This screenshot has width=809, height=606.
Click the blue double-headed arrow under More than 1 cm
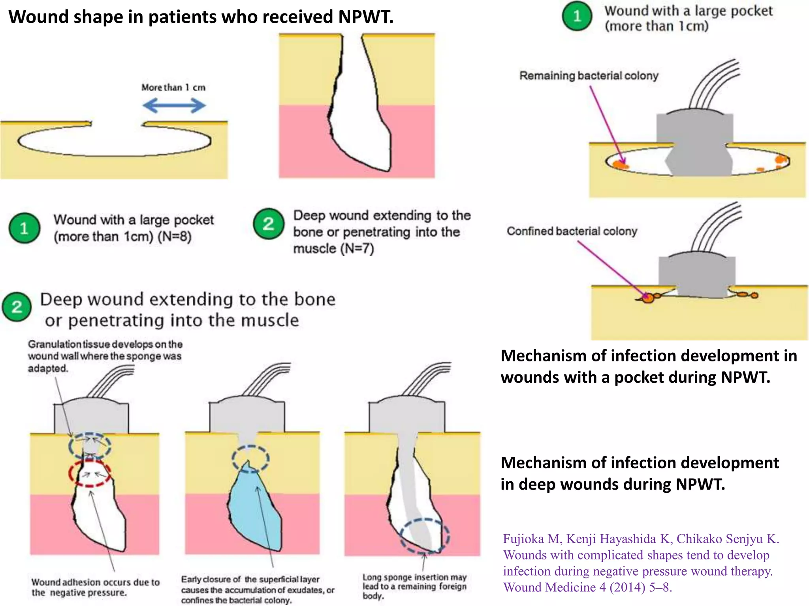(x=174, y=105)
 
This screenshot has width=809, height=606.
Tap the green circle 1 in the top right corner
(x=577, y=16)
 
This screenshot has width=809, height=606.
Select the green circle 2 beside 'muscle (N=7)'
(x=269, y=224)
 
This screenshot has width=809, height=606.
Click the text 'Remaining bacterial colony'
(x=589, y=75)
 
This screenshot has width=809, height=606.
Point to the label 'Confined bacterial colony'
(x=572, y=231)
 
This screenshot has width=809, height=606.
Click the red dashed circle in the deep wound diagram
(x=89, y=473)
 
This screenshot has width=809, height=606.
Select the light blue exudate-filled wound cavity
(x=255, y=513)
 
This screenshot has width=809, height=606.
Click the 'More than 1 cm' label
(x=173, y=88)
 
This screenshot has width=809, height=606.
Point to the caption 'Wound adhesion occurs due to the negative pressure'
(x=95, y=587)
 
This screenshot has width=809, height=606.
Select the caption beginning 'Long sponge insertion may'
(x=414, y=586)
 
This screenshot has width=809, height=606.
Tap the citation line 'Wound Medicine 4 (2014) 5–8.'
(x=587, y=587)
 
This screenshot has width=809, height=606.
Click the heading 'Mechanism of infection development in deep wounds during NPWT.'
(x=640, y=473)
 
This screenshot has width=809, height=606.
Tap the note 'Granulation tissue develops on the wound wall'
(x=105, y=356)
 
